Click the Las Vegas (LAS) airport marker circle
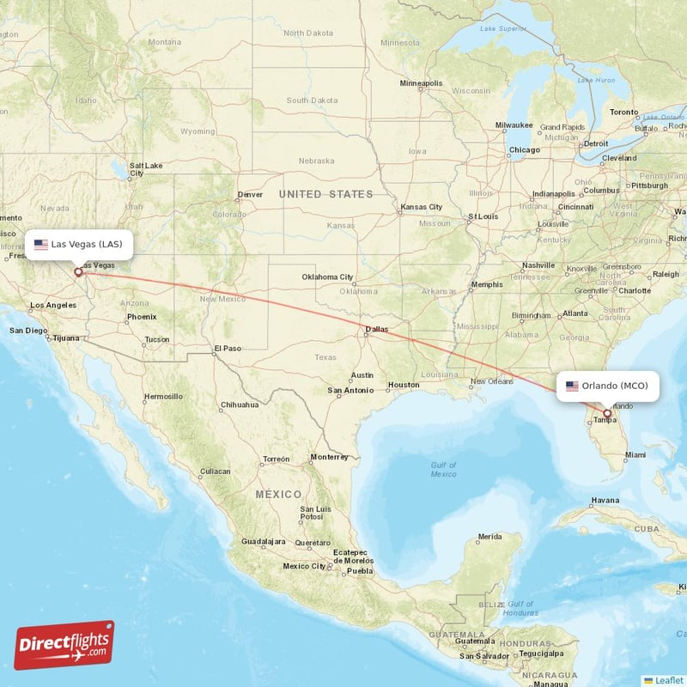(x=78, y=272)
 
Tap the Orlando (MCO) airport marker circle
(x=607, y=414)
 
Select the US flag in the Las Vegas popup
(x=40, y=244)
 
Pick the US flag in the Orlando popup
(x=572, y=386)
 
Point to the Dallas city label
(x=376, y=329)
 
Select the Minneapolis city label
(x=421, y=83)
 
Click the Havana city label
(x=605, y=500)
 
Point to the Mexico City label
(x=304, y=566)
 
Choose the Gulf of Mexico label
(x=443, y=469)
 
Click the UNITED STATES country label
(x=325, y=195)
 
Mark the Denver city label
(x=250, y=194)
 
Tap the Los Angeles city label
(x=53, y=306)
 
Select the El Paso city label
(x=228, y=348)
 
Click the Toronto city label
(x=624, y=112)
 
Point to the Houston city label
(x=403, y=385)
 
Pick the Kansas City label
(x=421, y=207)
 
